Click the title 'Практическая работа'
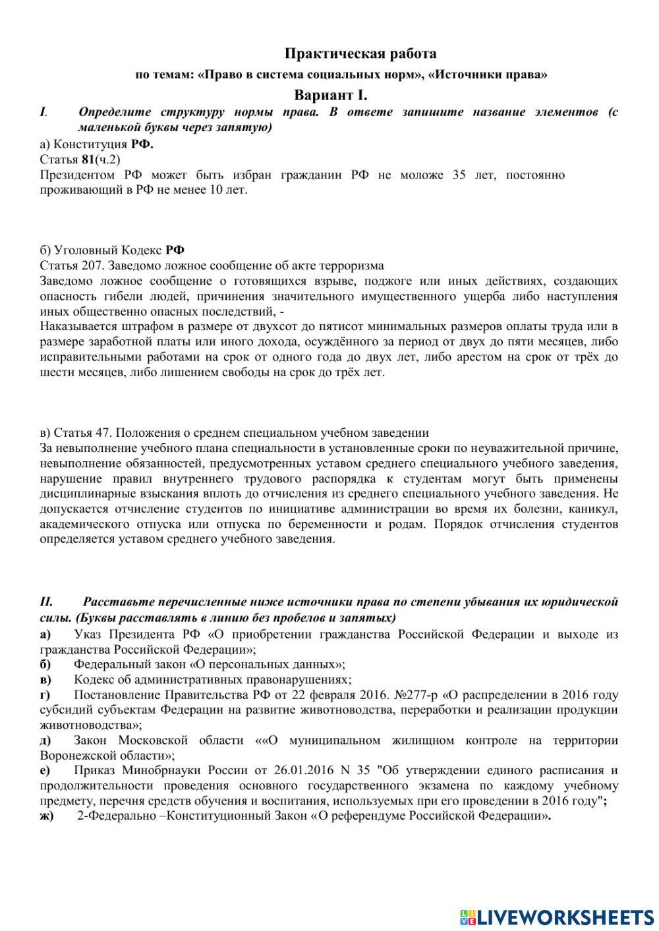pos(360,53)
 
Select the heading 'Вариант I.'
pos(331,95)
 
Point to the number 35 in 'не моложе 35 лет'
pos(459,175)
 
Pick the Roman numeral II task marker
pos(46,602)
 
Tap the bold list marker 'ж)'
pos(47,816)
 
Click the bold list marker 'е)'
pos(45,770)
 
